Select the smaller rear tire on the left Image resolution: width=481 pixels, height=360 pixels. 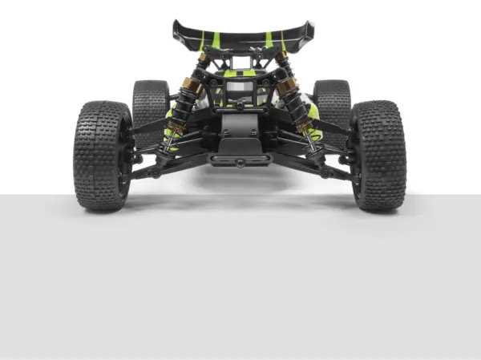(150, 104)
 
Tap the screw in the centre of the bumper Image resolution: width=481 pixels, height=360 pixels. (240, 162)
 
